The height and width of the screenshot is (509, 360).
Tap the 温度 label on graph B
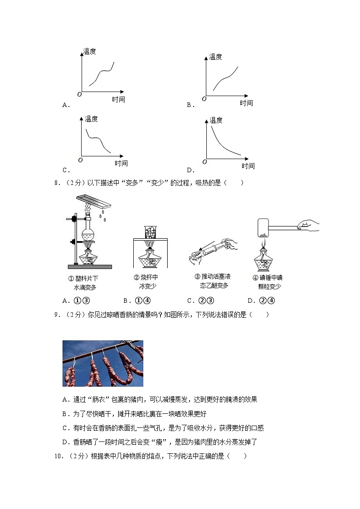pyautogui.click(x=215, y=57)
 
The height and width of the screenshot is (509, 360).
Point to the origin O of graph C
pyautogui.click(x=80, y=160)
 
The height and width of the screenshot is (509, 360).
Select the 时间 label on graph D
pyautogui.click(x=248, y=166)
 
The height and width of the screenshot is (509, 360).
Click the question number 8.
pyautogui.click(x=57, y=183)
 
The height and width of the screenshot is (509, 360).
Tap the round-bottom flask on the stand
pyautogui.click(x=88, y=233)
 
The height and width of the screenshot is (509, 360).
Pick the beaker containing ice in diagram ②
pyautogui.click(x=150, y=232)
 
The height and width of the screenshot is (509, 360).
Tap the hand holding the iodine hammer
pyautogui.click(x=308, y=224)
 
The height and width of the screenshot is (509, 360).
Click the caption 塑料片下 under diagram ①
pyautogui.click(x=86, y=278)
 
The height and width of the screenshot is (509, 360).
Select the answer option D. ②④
pyautogui.click(x=262, y=301)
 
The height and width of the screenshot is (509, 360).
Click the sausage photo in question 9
pyautogui.click(x=103, y=363)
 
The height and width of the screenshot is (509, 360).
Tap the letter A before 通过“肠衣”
pyautogui.click(x=65, y=399)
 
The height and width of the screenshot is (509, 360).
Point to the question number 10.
pyautogui.click(x=58, y=456)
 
